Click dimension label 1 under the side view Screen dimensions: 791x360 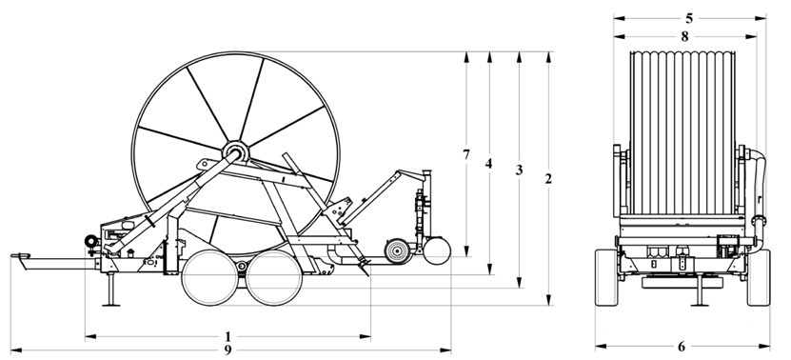228,335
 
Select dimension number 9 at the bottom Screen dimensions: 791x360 228,350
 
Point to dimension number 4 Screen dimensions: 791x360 488,163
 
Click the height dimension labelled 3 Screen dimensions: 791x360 519,170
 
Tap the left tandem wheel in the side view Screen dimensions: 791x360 211,278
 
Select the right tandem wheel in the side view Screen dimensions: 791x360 271,278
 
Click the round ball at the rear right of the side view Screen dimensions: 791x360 437,250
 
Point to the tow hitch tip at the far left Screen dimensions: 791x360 14,255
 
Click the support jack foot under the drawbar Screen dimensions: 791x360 111,304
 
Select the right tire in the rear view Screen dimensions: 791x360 758,277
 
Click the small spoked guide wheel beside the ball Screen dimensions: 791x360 396,251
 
